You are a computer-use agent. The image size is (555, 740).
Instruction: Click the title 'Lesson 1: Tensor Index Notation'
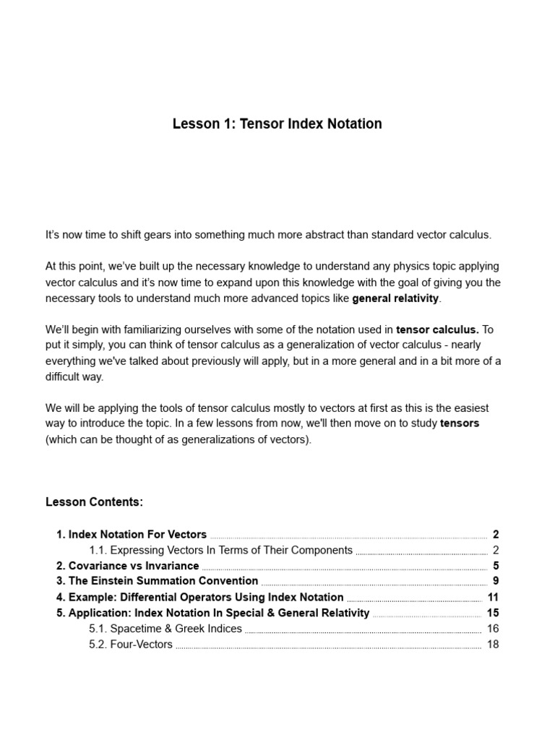point(277,124)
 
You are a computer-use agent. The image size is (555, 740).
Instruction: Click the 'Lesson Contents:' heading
point(94,502)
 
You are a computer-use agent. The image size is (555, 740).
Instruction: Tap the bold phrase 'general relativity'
point(395,298)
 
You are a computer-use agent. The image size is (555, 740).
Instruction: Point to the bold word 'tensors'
point(460,423)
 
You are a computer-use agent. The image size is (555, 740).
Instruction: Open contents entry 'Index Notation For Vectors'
point(132,535)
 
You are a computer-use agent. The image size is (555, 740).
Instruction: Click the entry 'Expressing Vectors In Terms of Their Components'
point(220,551)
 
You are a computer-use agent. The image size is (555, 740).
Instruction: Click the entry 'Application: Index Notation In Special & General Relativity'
point(213,613)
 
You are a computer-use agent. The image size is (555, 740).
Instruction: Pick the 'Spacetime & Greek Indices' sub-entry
point(165,629)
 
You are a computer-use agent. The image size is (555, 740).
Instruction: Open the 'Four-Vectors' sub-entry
point(131,645)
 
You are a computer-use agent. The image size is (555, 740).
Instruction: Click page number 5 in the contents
point(496,566)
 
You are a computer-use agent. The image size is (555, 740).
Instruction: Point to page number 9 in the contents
point(496,581)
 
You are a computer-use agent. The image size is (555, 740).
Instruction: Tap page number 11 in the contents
point(494,597)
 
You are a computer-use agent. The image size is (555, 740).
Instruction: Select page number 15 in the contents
point(493,613)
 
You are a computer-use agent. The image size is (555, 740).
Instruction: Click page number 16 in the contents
point(493,629)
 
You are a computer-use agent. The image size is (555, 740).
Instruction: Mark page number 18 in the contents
point(493,645)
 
